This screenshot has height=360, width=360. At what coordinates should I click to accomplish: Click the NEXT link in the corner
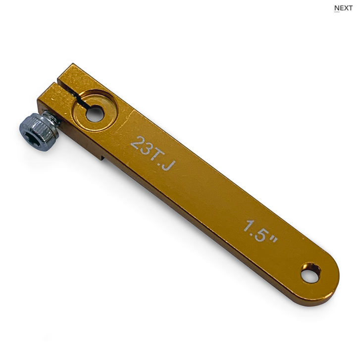(343, 8)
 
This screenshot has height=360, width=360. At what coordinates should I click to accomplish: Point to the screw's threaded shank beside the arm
(51, 119)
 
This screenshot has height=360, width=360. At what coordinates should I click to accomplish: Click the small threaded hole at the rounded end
(311, 274)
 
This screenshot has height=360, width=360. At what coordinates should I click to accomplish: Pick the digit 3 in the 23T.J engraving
(146, 148)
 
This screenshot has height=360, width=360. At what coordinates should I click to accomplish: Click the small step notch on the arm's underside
(103, 157)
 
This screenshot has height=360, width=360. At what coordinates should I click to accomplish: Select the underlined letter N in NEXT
(337, 8)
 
